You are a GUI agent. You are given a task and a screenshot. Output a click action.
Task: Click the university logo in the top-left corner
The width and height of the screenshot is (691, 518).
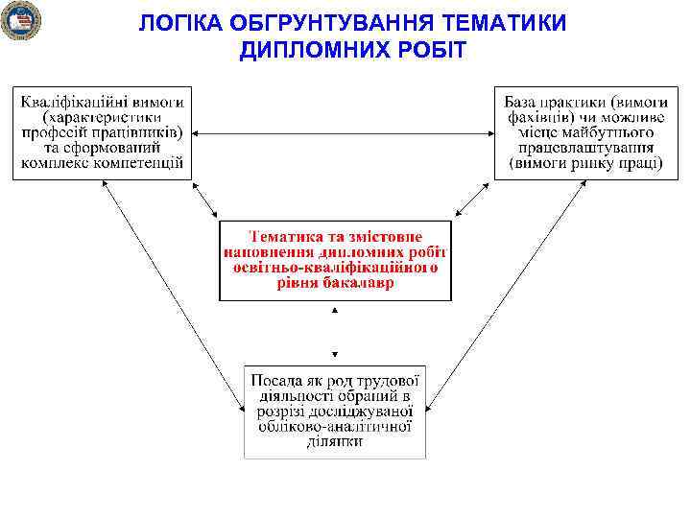20,20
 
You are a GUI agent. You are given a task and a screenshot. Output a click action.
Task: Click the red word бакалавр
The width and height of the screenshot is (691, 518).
359,282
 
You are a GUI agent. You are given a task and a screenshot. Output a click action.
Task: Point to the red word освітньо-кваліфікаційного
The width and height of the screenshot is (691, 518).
335,267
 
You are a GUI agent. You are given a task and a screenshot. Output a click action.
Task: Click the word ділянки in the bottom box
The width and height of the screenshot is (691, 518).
334,441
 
